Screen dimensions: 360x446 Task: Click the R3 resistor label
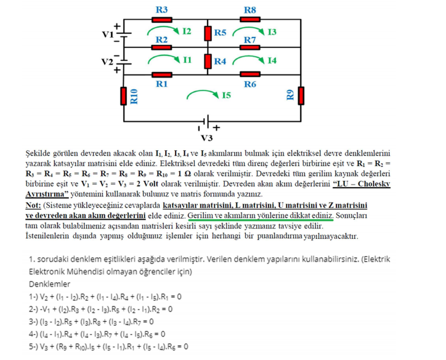[x=162, y=9]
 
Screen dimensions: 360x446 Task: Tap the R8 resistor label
[x=250, y=9]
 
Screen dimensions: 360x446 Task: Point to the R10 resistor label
[x=134, y=96]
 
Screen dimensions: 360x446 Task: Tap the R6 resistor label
[x=250, y=84]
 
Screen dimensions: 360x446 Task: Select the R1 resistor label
[x=162, y=84]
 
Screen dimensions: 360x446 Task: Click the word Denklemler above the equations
[x=49, y=284]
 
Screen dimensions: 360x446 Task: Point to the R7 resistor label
[x=250, y=39]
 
